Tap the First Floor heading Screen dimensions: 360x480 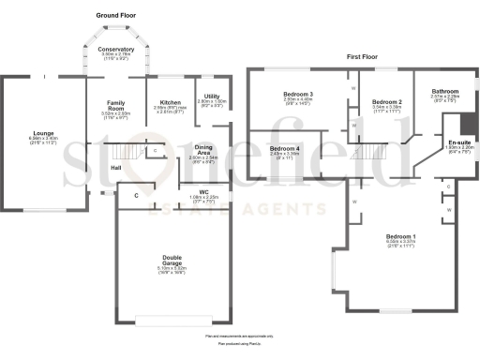coord(362,56)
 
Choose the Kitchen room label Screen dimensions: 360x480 coord(170,102)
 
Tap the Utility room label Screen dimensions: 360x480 coord(211,97)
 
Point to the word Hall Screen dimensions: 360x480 coord(115,168)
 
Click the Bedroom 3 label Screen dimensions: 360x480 coord(297,95)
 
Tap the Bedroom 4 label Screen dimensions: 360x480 coord(285,148)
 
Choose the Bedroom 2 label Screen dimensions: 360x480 coord(386,101)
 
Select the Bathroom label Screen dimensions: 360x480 coord(445,91)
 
